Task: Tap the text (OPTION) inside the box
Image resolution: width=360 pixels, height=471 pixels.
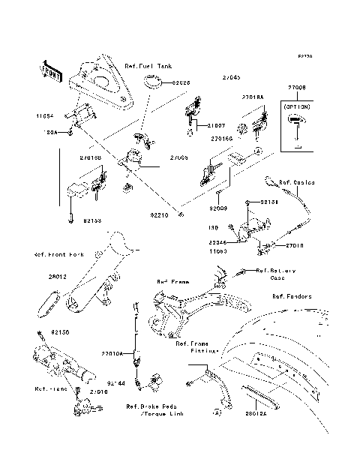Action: (x=298, y=108)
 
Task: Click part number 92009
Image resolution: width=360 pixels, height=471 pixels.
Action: (x=217, y=208)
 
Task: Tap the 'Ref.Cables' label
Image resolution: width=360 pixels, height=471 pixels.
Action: (x=297, y=182)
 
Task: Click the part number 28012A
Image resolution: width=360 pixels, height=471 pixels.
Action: (x=256, y=412)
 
